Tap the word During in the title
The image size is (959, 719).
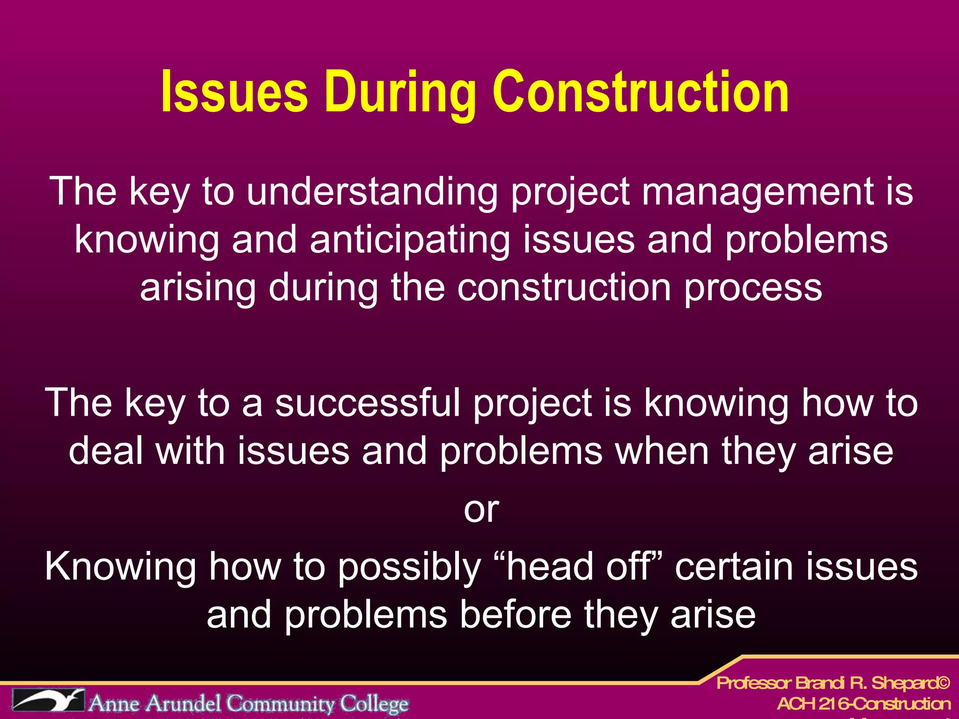pos(400,93)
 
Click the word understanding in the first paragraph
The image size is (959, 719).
pos(372,192)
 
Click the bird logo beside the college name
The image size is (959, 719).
pos(49,701)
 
